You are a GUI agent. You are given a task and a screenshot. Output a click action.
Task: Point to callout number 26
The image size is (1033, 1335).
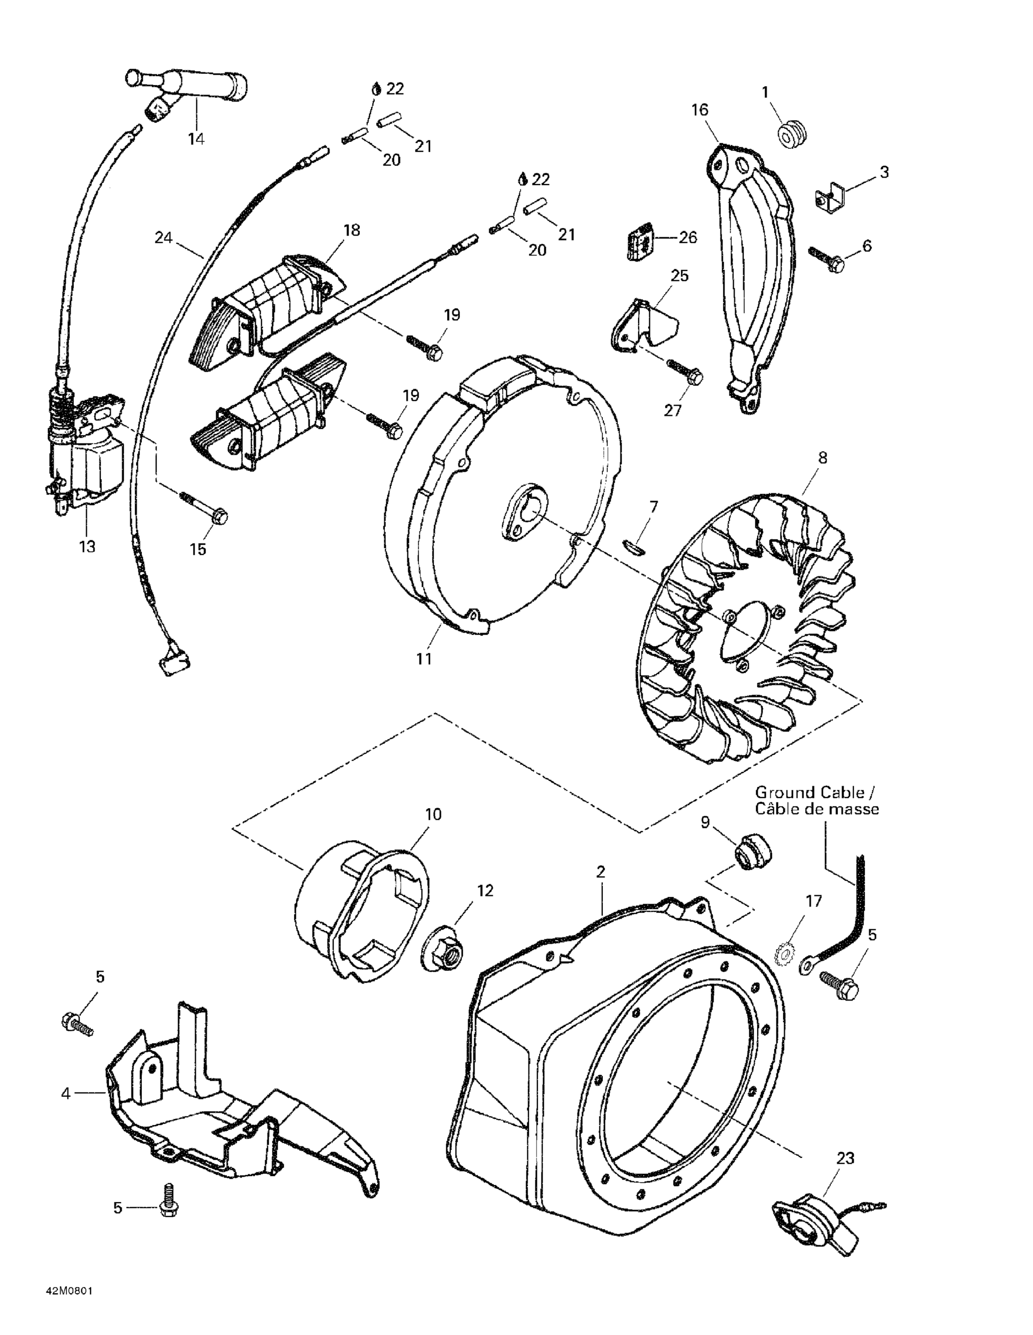click(688, 237)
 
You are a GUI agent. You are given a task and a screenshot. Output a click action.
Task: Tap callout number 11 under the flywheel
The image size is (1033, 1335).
click(424, 659)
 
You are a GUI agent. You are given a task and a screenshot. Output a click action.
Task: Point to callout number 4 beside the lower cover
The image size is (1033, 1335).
click(66, 1093)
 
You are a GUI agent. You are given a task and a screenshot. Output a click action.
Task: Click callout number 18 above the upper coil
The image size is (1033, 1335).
click(351, 231)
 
